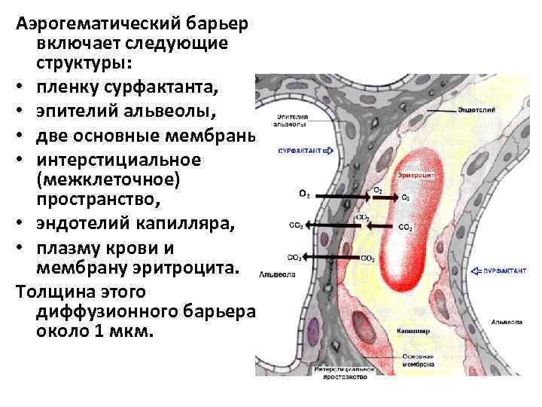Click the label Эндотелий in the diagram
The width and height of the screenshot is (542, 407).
click(x=476, y=110)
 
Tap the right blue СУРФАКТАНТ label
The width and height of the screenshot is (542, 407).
click(x=507, y=269)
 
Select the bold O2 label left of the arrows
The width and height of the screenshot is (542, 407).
click(x=304, y=194)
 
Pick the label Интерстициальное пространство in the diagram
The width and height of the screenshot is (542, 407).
click(x=345, y=373)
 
